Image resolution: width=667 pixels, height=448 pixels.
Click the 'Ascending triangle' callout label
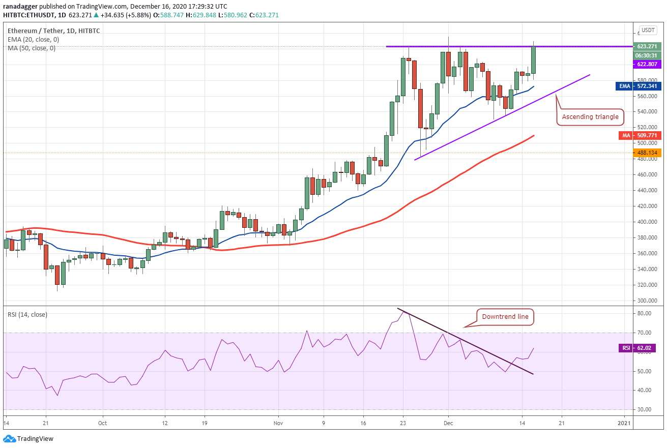point(590,117)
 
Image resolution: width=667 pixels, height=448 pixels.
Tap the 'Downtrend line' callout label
point(505,317)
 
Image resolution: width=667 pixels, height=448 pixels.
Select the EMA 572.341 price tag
point(639,86)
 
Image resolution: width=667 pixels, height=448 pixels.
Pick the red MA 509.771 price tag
point(640,135)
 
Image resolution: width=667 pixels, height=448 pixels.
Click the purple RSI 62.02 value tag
point(637,348)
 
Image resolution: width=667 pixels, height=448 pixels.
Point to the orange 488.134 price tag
point(647,153)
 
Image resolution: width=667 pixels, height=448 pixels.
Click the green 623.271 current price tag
point(647,46)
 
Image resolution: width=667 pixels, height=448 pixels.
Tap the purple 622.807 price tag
point(647,64)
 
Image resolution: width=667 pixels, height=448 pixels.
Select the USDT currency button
point(648,30)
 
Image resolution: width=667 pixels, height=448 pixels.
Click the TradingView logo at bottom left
point(28,438)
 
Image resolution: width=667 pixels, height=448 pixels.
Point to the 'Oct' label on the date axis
point(102,423)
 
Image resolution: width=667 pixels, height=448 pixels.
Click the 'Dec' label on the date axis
point(448,423)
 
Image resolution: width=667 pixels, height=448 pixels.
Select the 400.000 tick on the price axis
point(647,222)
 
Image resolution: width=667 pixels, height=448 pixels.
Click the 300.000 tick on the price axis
point(647,301)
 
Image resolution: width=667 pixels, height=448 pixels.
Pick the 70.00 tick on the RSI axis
point(644,333)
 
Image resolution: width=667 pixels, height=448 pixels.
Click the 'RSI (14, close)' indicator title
point(27,315)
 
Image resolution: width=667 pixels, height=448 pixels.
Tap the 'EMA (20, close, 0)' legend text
point(34,39)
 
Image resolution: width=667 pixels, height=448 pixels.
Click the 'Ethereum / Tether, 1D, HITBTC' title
point(53,31)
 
